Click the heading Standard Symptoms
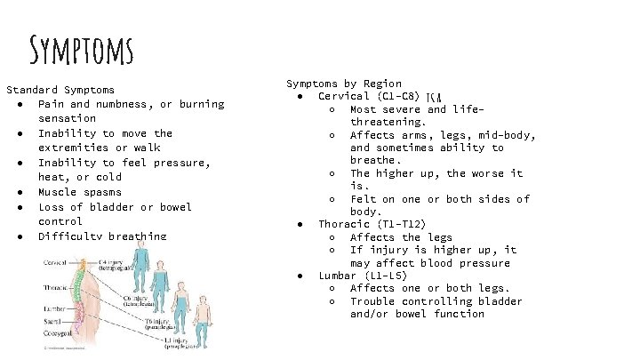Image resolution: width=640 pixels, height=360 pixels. coord(60,90)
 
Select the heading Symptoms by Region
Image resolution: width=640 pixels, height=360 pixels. coord(344,84)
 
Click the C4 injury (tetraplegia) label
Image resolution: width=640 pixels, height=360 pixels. coord(115,264)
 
